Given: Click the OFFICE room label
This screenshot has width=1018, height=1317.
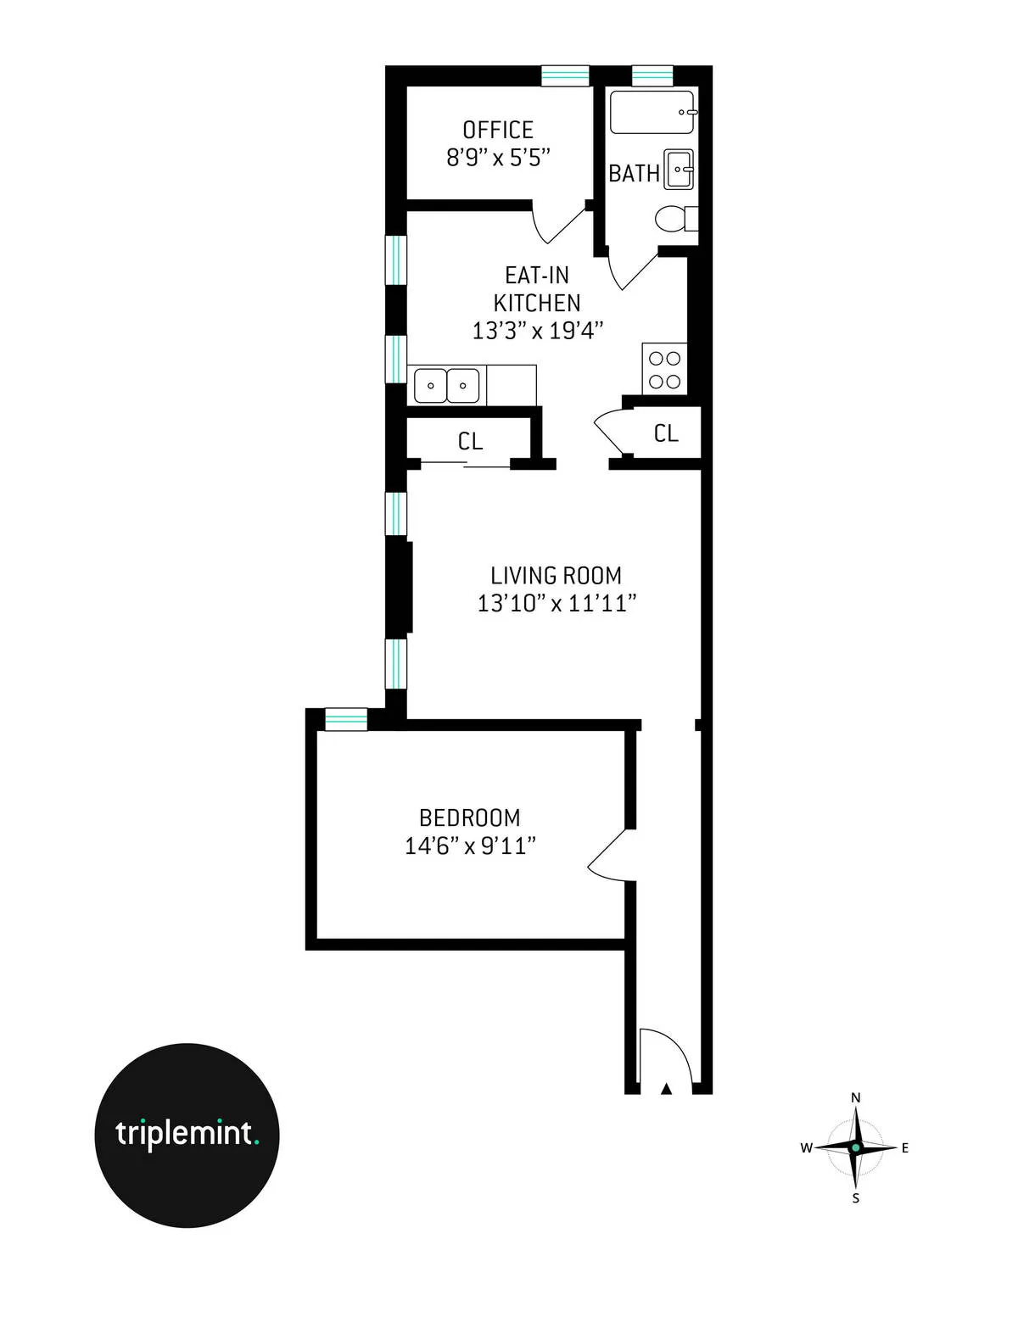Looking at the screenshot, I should tap(498, 130).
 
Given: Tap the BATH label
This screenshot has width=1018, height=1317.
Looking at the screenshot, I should tap(634, 173).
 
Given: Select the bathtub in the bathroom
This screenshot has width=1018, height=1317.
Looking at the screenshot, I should tap(652, 112).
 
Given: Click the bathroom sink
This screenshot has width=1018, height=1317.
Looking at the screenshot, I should tap(679, 169).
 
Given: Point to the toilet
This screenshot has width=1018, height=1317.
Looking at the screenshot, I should tap(675, 219).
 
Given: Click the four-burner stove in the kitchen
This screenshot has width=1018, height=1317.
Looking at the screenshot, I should tap(664, 369).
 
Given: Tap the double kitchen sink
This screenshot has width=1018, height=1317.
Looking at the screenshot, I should tap(446, 386).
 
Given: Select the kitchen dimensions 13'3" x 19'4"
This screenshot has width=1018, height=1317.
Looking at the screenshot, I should tap(537, 330).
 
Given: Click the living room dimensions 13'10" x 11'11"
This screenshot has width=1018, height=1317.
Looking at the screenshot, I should tap(557, 603).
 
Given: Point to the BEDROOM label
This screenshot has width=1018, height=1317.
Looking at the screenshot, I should tap(470, 818).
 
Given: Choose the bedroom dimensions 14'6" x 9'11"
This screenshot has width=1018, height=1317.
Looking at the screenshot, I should tap(470, 845).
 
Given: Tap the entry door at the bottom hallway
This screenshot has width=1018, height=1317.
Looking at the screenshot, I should tap(665, 1056).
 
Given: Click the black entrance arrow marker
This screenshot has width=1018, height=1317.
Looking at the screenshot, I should tap(666, 1088).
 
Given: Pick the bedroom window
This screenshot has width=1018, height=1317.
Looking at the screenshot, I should tap(346, 719).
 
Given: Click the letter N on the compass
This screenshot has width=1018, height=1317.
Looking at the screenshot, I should tap(855, 1097).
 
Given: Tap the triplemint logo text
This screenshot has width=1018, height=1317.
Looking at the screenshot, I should tap(186, 1133).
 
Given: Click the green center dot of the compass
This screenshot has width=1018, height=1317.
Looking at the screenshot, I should tap(855, 1147).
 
